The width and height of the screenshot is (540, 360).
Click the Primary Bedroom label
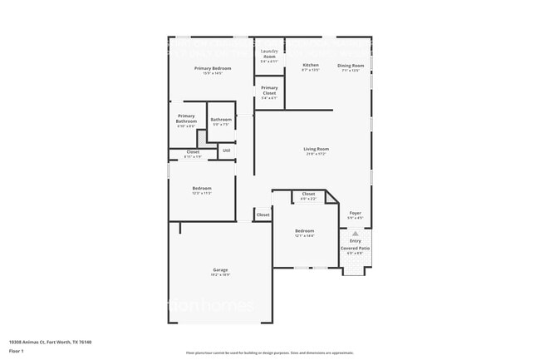click(x=202, y=68)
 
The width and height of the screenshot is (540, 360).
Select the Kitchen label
click(x=311, y=65)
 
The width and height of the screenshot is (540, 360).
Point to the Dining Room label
click(x=351, y=65)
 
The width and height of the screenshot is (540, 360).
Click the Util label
click(x=226, y=150)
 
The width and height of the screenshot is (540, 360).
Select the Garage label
click(x=220, y=270)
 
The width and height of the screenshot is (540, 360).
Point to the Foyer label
click(x=355, y=213)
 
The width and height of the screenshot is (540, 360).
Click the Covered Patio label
click(x=355, y=249)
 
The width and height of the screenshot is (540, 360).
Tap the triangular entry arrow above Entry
click(x=355, y=234)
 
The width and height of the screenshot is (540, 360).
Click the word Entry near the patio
click(x=355, y=241)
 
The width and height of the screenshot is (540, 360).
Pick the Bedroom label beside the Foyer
click(x=305, y=230)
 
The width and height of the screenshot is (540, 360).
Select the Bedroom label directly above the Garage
click(x=202, y=188)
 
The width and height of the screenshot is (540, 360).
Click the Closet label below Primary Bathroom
click(x=193, y=152)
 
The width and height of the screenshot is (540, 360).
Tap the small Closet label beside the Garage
click(x=263, y=215)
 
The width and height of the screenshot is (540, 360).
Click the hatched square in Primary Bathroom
click(x=201, y=136)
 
